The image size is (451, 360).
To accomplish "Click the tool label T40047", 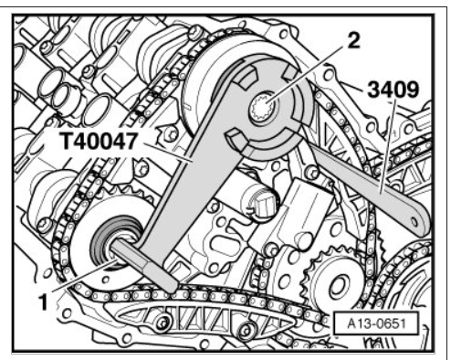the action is click(x=99, y=142).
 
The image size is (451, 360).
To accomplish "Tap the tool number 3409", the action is click(x=393, y=90).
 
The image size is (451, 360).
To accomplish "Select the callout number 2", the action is click(x=353, y=40).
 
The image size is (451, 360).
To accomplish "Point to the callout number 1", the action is click(x=44, y=302).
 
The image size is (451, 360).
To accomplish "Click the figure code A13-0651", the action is click(x=376, y=323).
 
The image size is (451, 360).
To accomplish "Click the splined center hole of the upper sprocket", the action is click(x=264, y=110).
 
